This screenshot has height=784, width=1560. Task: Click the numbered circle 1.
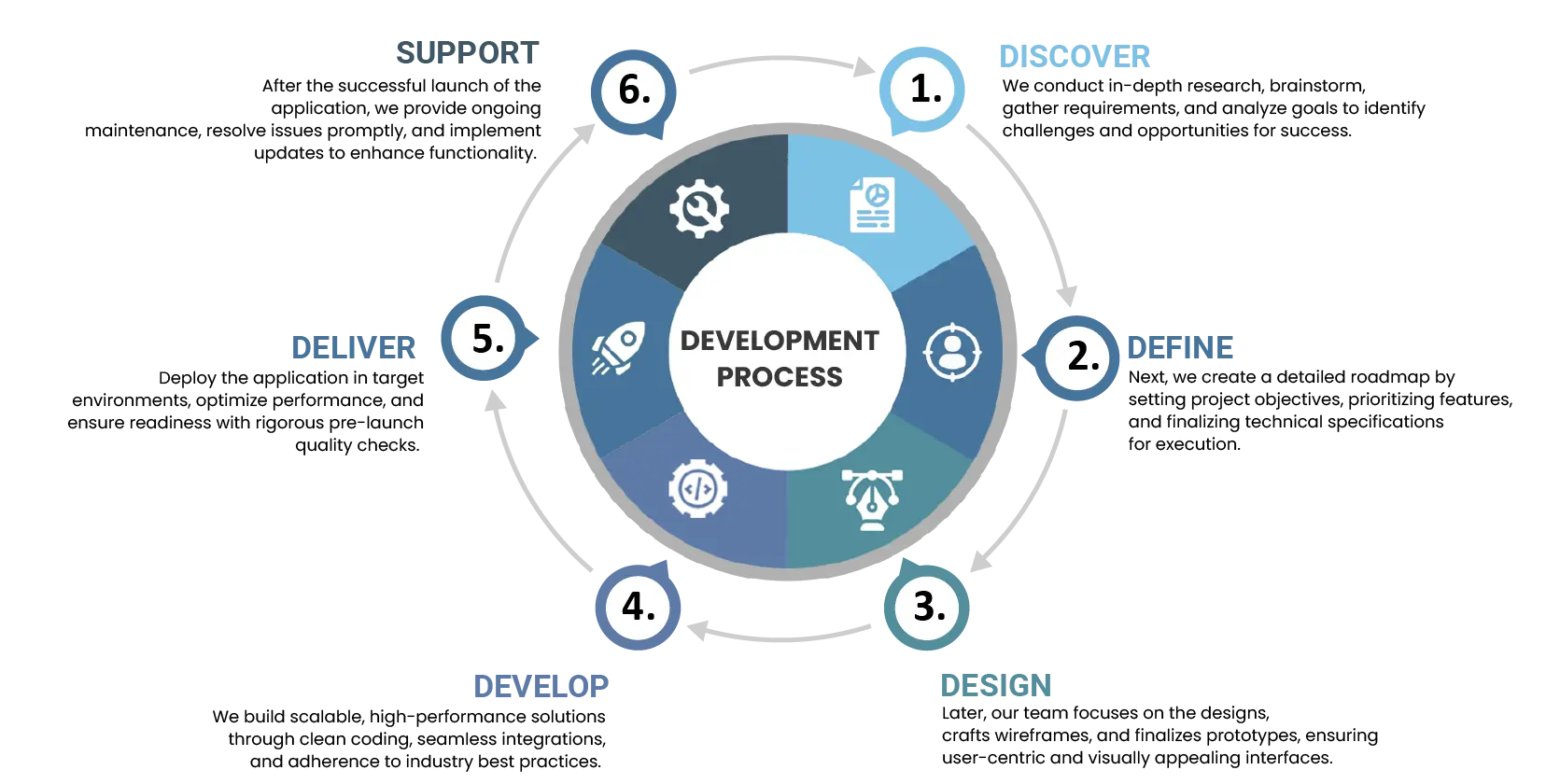(924, 90)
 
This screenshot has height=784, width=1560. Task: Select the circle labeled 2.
(1081, 357)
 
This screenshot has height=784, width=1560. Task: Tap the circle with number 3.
(928, 607)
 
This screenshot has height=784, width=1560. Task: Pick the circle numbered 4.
(639, 607)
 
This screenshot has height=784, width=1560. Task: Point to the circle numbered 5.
(487, 338)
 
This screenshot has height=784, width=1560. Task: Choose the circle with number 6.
(635, 90)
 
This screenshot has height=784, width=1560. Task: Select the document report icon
(872, 204)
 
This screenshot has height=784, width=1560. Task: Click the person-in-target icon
(952, 352)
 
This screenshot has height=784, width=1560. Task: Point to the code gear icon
(697, 488)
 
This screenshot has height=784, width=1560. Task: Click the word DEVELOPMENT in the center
(780, 341)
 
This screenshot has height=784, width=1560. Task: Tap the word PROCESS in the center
(780, 377)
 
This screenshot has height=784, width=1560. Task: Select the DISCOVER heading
(1074, 56)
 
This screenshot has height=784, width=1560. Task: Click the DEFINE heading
(1182, 347)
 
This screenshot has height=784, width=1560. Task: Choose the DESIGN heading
(996, 686)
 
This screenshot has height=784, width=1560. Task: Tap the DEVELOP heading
(541, 687)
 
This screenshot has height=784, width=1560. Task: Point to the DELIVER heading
(354, 347)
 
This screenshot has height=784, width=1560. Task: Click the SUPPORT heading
(469, 52)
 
